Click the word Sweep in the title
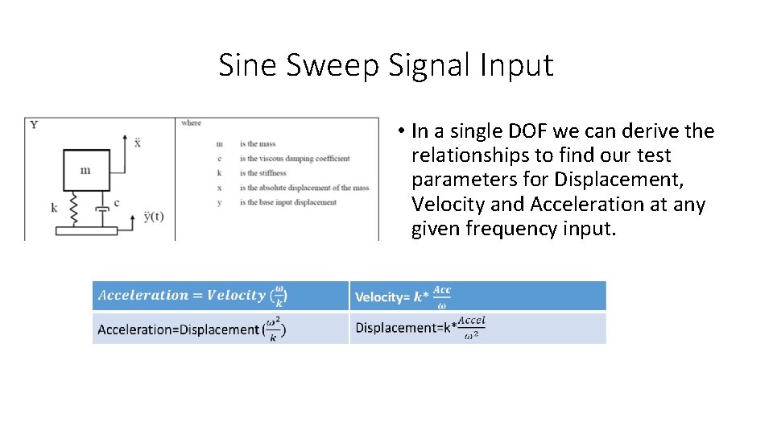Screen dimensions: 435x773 pos(332,65)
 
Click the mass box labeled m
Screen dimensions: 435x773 pos(86,169)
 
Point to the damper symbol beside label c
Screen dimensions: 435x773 pos(101,211)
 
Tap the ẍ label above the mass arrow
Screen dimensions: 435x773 pos(138,142)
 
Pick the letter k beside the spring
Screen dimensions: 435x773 pos(55,207)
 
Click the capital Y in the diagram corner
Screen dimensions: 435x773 pos(34,124)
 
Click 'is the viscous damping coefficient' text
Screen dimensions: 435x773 pos(294,159)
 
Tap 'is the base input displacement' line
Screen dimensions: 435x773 pos(287,202)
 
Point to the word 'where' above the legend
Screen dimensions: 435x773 pos(191,123)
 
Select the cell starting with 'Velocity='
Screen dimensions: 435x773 pos(477,296)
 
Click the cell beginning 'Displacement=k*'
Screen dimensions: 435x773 pos(477,328)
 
